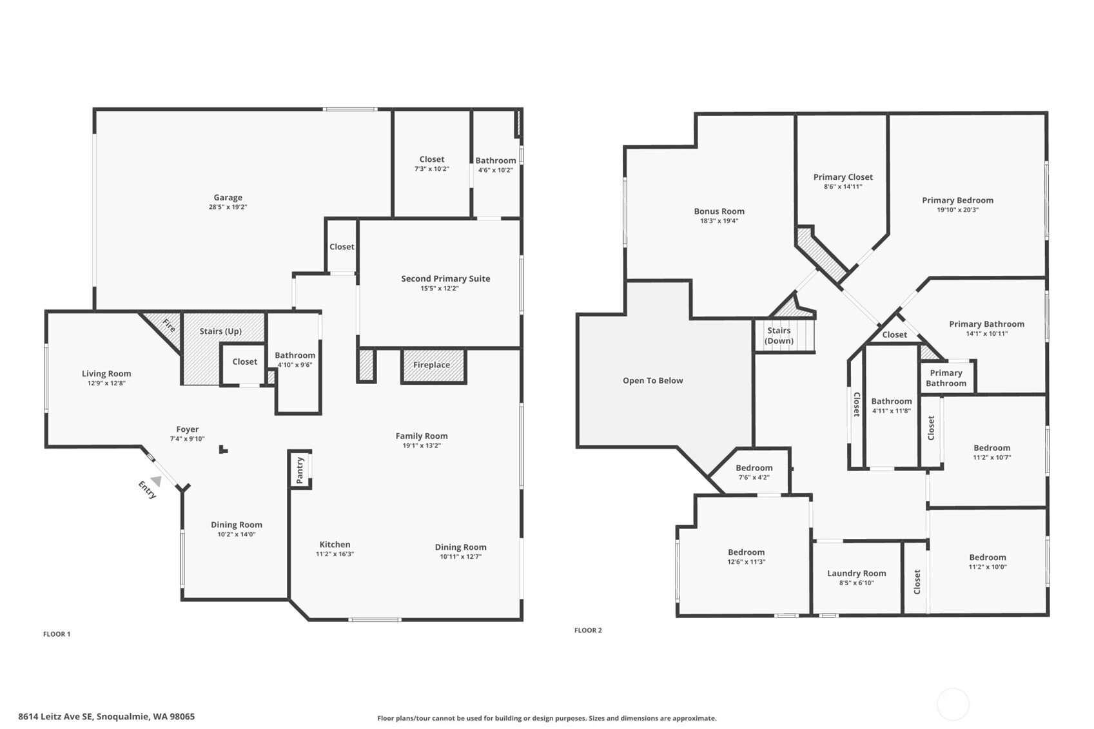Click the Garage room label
coord(228,197)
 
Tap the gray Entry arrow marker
coord(156,481)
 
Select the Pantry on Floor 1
coord(300,470)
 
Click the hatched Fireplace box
coord(433,365)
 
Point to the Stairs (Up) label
coord(220,331)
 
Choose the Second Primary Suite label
coord(445,278)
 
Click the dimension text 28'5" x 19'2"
coord(228,207)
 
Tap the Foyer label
coord(187,429)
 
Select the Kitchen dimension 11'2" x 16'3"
coord(335,554)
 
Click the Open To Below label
coord(652,380)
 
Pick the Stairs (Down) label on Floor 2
coord(779,335)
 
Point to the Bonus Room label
coord(719,211)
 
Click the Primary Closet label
coord(843,177)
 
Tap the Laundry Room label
coord(856,573)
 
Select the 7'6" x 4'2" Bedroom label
coord(754,468)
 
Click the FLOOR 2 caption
coord(588,630)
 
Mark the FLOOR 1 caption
coord(57,634)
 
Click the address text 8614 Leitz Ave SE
coord(55,716)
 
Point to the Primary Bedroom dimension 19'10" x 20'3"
coord(957,210)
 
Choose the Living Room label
coord(106,374)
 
